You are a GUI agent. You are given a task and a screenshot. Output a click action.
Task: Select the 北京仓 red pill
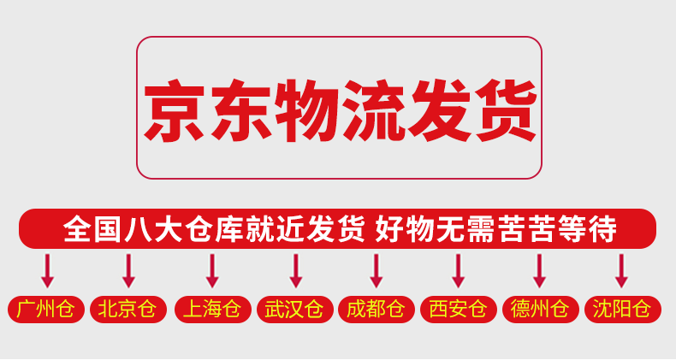[127, 310]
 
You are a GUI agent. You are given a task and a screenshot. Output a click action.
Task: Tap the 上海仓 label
[211, 310]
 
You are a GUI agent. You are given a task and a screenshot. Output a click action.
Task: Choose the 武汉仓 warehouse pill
[294, 310]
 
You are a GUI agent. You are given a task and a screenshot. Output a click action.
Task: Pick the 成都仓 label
[376, 310]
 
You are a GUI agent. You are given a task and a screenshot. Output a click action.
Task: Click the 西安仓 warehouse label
[458, 310]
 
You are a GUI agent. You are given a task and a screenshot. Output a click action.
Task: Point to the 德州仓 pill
[540, 310]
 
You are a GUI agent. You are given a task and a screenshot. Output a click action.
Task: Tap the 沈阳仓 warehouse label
[622, 310]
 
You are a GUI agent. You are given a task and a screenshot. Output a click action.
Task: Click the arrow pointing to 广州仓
[47, 270]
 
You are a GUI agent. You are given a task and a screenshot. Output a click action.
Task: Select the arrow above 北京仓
[128, 270]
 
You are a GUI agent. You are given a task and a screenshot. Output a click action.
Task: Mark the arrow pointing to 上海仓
[212, 270]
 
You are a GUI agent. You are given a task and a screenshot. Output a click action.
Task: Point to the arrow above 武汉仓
[295, 270]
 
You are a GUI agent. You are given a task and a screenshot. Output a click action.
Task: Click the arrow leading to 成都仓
[377, 270]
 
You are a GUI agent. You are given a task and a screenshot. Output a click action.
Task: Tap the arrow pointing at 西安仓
[458, 270]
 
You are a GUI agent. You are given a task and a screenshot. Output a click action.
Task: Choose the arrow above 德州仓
[539, 270]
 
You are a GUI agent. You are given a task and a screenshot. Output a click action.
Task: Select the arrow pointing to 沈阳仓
[622, 270]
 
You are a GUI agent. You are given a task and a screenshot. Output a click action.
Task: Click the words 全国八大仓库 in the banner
[151, 229]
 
